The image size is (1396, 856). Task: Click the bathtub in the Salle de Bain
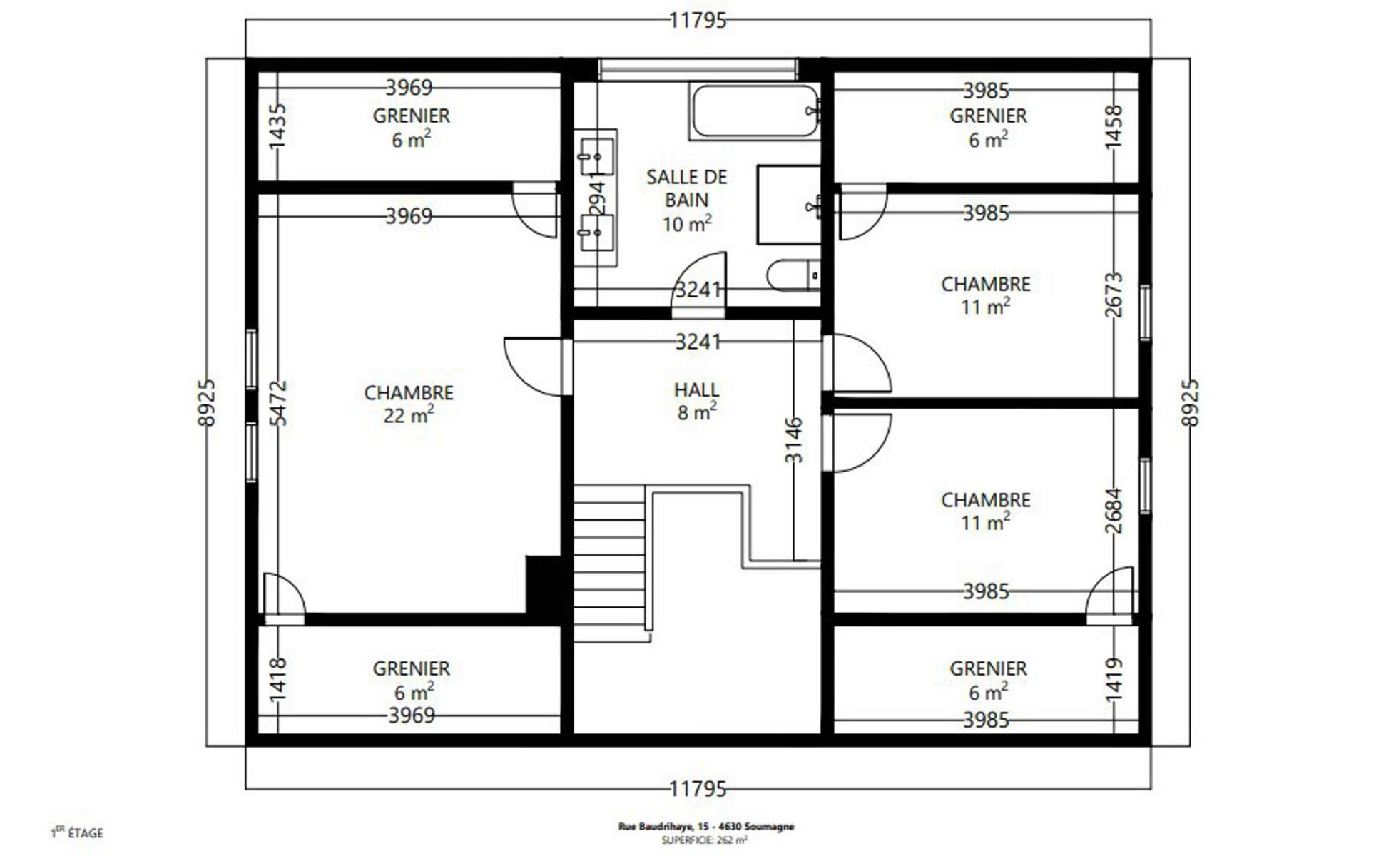coord(755,111)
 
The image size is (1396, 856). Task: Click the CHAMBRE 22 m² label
coord(409,404)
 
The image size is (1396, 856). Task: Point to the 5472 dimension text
coord(278,403)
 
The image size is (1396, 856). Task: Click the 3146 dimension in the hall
coord(793,440)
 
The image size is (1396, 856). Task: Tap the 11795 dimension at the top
coord(698,20)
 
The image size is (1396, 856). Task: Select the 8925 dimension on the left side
coord(206,403)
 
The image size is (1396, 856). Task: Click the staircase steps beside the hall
coord(611,564)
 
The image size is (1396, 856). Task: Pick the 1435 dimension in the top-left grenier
coord(277,126)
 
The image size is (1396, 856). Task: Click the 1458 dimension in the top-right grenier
coord(1114,127)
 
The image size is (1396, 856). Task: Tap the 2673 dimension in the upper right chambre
coord(1114,295)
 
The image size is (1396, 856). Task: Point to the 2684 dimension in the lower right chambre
coord(1114,511)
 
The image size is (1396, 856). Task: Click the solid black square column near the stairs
coord(544,584)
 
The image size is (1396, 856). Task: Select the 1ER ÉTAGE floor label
coord(77,832)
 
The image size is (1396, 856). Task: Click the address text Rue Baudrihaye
coord(706,826)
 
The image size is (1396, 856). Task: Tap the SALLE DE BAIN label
coord(686,188)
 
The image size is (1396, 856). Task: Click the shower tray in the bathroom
coord(789,205)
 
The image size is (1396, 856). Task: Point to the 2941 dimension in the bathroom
coord(598,195)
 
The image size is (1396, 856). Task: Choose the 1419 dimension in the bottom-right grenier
coord(1114,679)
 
